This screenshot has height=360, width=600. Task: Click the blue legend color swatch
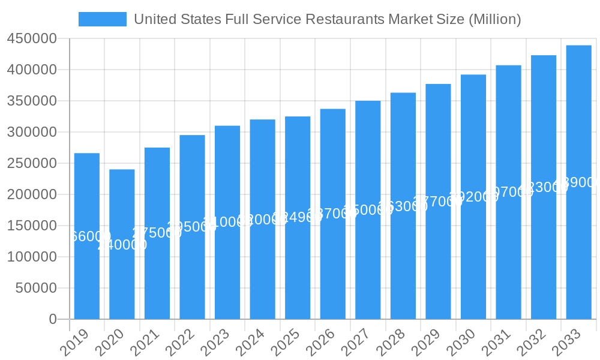(x=103, y=19)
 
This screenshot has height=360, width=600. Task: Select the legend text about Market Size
(x=327, y=19)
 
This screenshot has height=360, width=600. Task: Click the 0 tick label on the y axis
(x=53, y=319)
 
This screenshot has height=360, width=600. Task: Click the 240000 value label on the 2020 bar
(x=122, y=245)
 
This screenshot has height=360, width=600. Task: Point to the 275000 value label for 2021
(x=157, y=233)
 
